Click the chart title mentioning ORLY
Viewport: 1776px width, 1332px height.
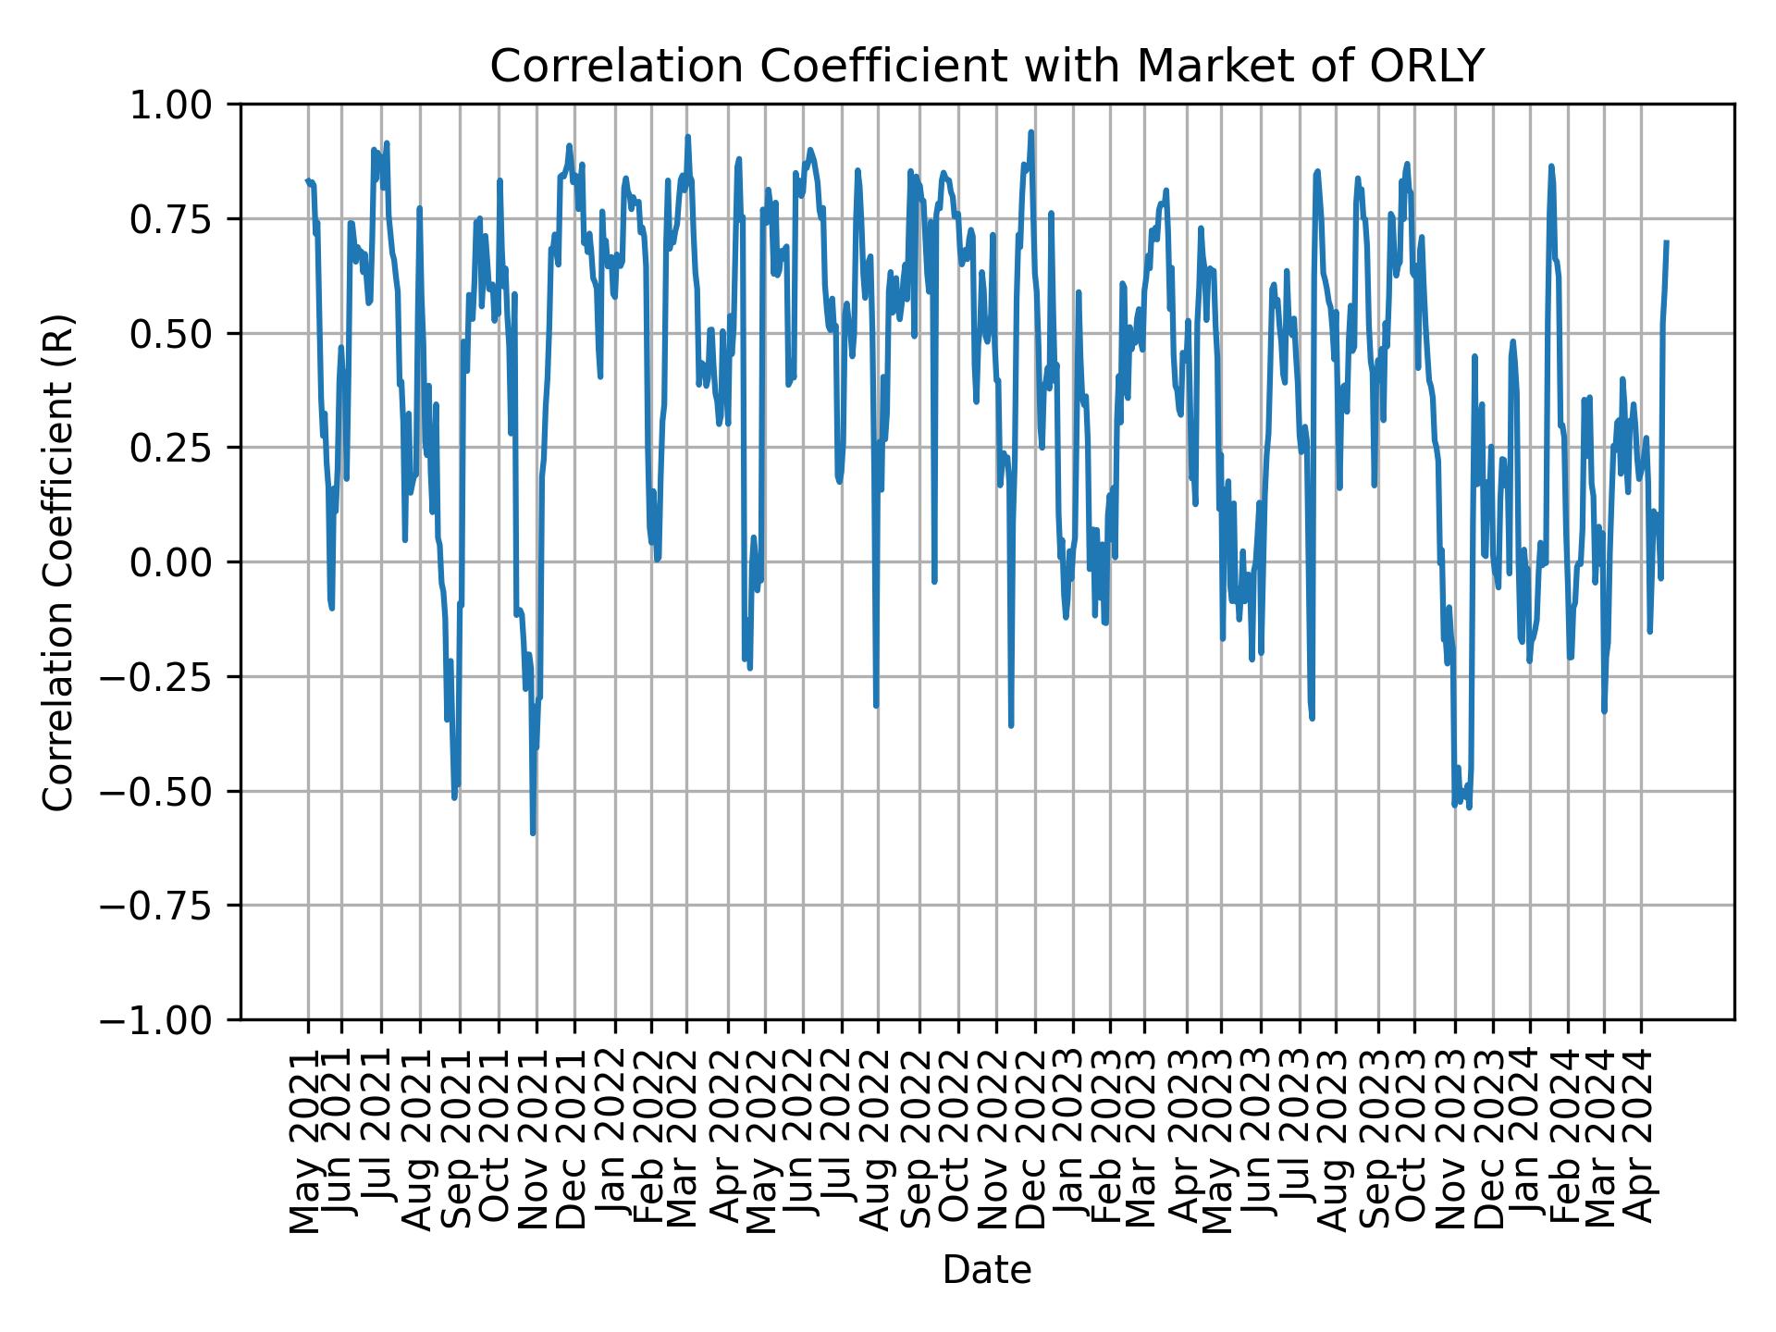tap(986, 67)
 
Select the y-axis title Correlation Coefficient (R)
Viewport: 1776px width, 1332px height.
tap(57, 561)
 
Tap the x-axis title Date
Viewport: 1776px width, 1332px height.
tap(986, 1271)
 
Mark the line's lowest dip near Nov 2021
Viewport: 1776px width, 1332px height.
tap(533, 833)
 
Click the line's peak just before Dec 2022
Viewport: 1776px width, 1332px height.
tap(1030, 132)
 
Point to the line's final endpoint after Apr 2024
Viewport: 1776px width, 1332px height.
tap(1666, 242)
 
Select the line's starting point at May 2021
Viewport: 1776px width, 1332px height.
tap(308, 180)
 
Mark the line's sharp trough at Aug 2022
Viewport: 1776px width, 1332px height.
tap(876, 707)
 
